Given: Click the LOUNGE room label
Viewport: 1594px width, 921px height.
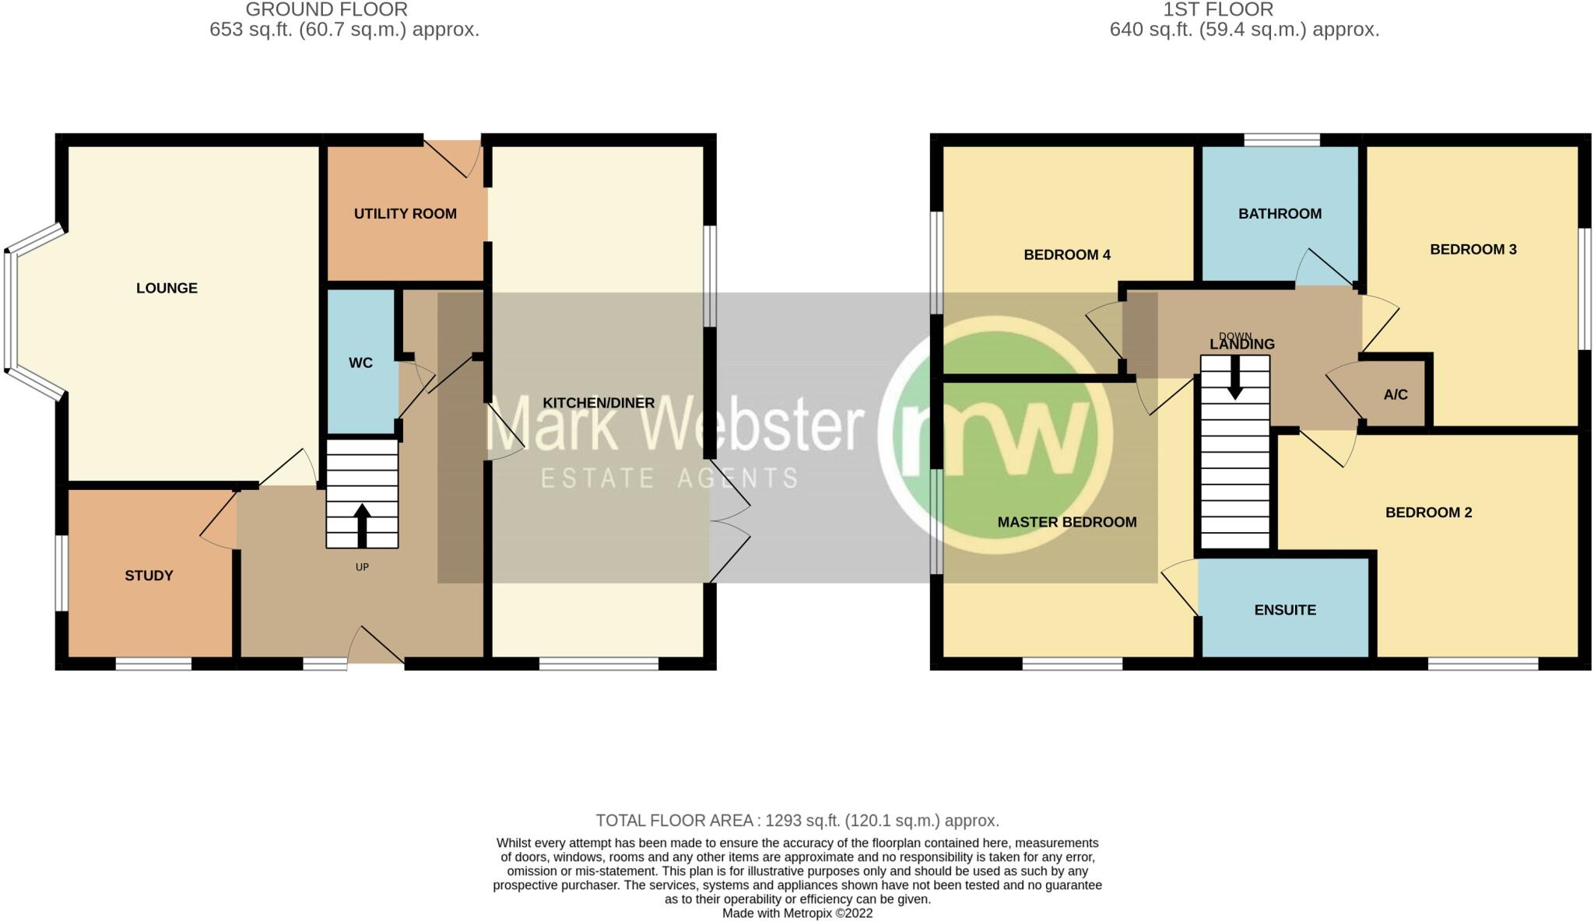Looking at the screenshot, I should (167, 289).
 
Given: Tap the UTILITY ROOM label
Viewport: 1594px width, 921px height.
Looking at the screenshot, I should (405, 214).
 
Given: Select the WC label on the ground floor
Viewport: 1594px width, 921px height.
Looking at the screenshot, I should (360, 363).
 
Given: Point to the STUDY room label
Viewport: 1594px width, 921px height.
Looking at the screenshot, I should (149, 576).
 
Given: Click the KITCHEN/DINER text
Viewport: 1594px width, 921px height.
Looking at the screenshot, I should (599, 403).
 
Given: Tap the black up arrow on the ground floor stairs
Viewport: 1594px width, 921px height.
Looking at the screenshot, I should (362, 525).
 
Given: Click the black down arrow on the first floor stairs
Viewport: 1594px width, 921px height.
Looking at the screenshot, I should (1234, 378).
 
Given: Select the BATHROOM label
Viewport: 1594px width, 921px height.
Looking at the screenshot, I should (1280, 214).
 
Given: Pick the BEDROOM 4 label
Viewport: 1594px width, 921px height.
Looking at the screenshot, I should (1066, 255).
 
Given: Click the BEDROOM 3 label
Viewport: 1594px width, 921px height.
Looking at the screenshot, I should (1473, 250).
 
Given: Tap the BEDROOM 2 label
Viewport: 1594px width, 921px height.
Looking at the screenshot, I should (1428, 513).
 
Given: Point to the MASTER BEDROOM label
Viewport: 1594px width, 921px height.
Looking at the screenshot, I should (1066, 523).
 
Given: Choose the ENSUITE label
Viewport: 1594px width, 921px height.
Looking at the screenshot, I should (1284, 611).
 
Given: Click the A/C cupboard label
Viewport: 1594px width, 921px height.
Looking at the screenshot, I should (1395, 395).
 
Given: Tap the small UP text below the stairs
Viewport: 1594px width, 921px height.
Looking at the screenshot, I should (362, 567).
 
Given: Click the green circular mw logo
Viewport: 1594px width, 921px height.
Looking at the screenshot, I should (996, 436).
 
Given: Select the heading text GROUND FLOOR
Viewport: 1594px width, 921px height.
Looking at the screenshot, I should (326, 10).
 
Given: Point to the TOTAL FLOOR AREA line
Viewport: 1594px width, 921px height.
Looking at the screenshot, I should (797, 821).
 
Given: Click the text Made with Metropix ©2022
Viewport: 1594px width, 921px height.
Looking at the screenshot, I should (797, 913).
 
